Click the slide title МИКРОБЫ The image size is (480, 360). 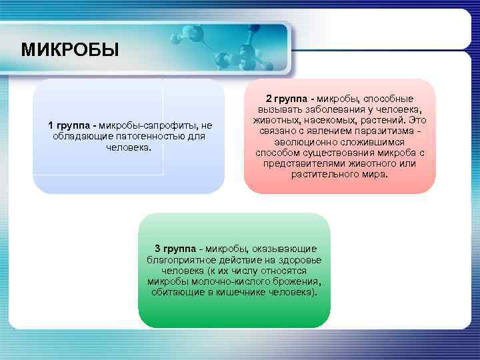[x=70, y=50]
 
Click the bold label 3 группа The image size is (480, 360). [x=177, y=249]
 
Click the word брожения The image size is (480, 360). [x=293, y=282]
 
